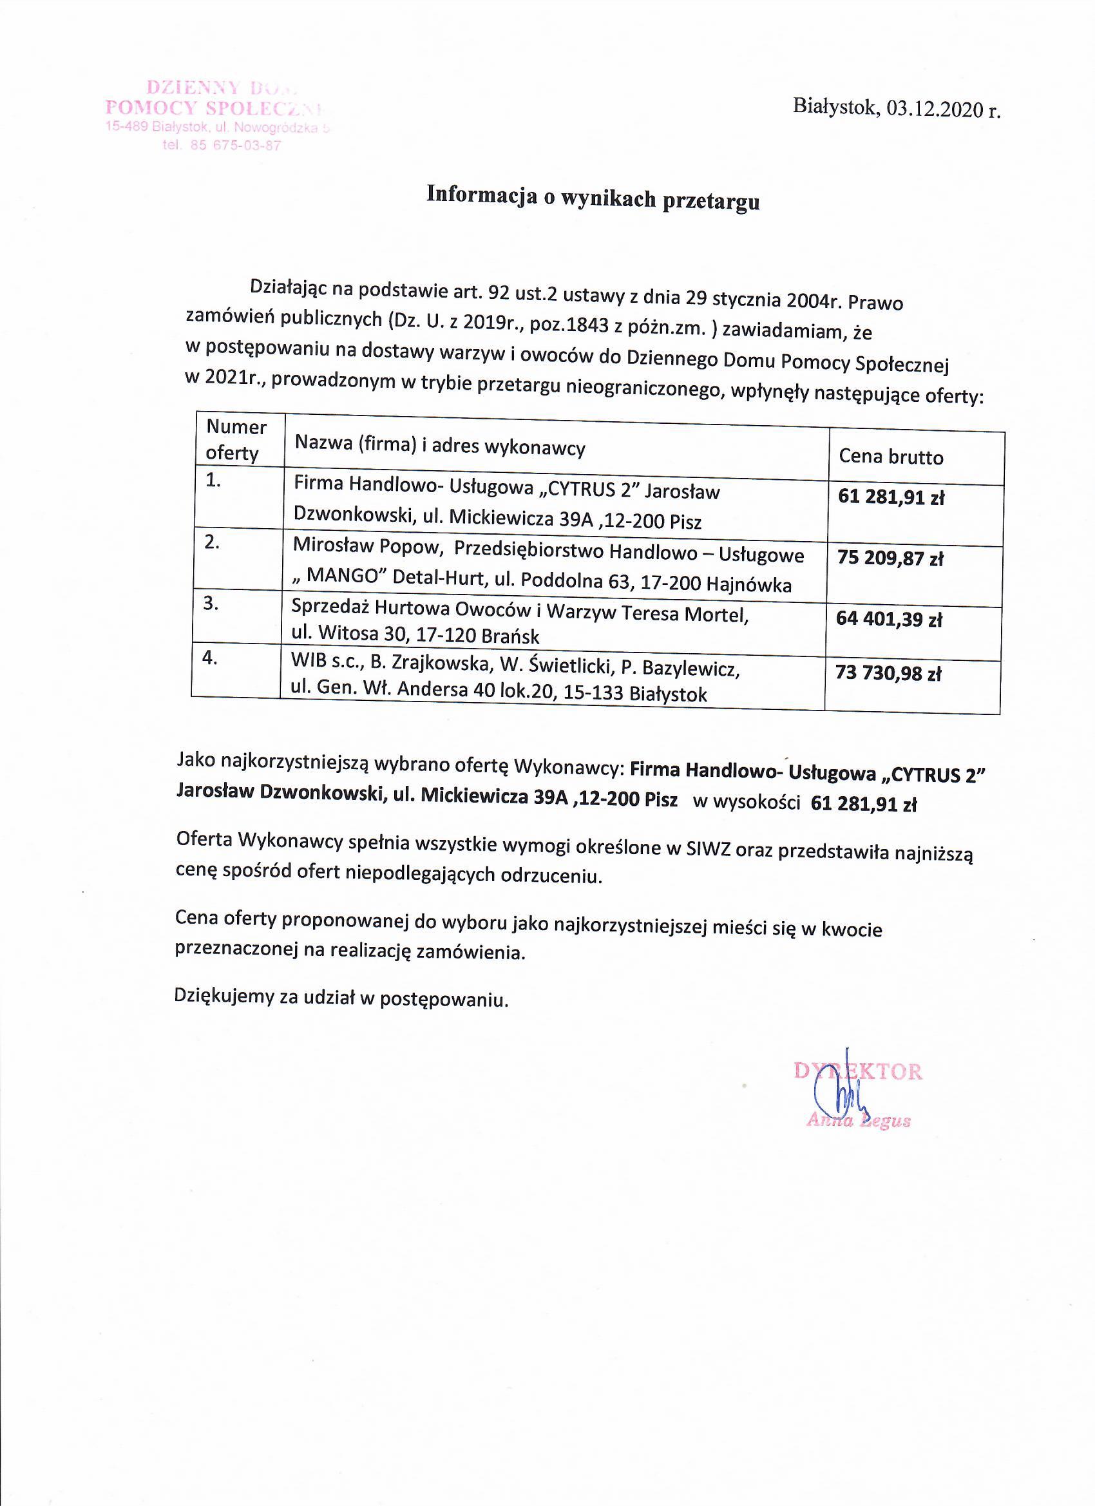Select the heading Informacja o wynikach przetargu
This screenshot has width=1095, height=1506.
click(x=593, y=197)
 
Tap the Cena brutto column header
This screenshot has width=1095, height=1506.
click(x=890, y=457)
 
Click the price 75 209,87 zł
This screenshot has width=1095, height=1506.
click(x=890, y=558)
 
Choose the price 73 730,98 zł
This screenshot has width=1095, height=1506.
click(x=888, y=674)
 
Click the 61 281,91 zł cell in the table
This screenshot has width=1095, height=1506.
click(x=890, y=497)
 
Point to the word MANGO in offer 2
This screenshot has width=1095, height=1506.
click(x=342, y=576)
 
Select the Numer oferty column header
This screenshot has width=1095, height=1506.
click(x=235, y=439)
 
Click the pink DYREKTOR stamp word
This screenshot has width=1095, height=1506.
click(x=857, y=1071)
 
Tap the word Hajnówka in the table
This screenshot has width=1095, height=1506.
click(x=749, y=584)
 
